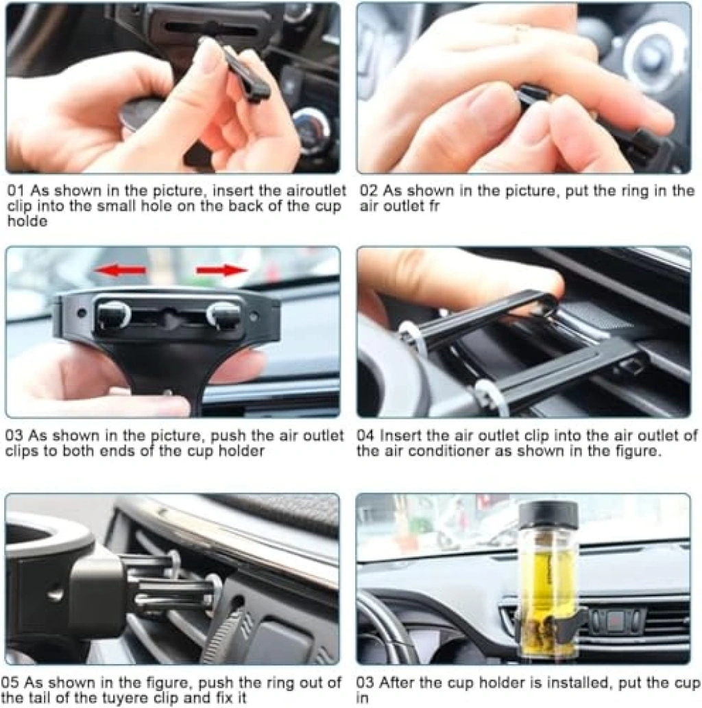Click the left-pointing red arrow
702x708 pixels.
120,270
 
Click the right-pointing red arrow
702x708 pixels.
222,270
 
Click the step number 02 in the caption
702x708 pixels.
369,191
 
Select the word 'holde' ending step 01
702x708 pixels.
27,221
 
